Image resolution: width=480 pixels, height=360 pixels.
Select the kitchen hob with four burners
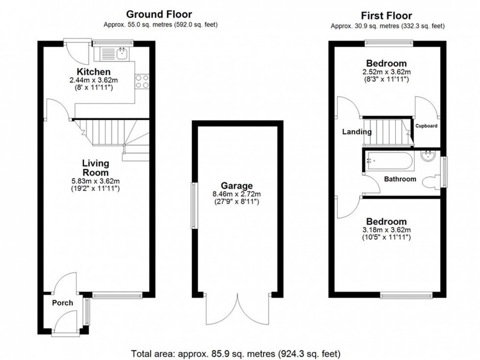click(143, 81)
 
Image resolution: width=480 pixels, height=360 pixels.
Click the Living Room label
click(96, 168)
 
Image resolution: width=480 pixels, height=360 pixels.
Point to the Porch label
click(63, 303)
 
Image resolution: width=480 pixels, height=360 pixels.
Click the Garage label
click(237, 186)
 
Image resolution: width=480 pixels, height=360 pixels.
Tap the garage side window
click(194, 206)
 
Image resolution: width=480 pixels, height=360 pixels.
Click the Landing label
click(357, 132)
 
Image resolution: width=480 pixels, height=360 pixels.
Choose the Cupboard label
click(426, 126)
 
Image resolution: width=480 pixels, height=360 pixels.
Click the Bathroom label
click(400, 179)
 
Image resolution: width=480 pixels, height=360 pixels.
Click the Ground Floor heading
click(159, 15)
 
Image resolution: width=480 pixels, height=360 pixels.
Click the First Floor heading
click(387, 16)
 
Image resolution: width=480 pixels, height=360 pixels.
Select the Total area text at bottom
click(236, 353)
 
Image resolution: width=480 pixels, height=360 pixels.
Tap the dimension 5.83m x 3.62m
click(96, 180)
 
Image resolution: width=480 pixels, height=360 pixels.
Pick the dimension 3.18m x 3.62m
click(386, 230)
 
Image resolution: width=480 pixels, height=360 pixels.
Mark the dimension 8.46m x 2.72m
click(237, 194)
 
